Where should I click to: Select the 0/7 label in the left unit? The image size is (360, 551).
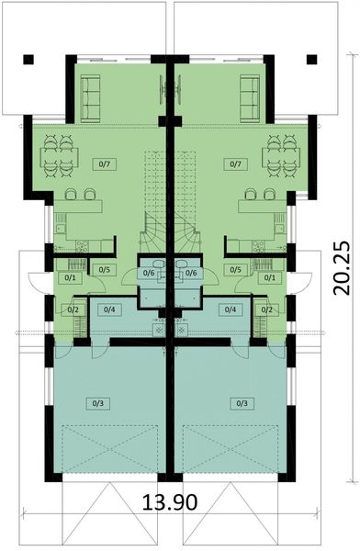pos(104,164)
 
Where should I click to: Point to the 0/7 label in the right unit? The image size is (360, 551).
pos(236,164)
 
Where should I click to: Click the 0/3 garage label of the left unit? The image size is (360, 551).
pos(99,402)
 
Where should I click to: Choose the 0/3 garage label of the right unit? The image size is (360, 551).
pos(242,402)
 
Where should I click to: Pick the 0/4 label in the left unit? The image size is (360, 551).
pos(110,309)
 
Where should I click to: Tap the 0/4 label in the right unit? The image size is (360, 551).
pos(231,309)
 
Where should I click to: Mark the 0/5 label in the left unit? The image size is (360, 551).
pos(103,270)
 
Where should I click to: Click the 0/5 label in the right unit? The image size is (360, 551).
pos(237,270)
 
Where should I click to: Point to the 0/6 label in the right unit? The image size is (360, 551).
pos(191,273)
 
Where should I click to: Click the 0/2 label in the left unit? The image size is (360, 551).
pos(73,309)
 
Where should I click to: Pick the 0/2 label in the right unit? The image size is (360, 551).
pos(267,309)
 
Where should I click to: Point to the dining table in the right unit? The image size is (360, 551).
pos(279,155)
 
